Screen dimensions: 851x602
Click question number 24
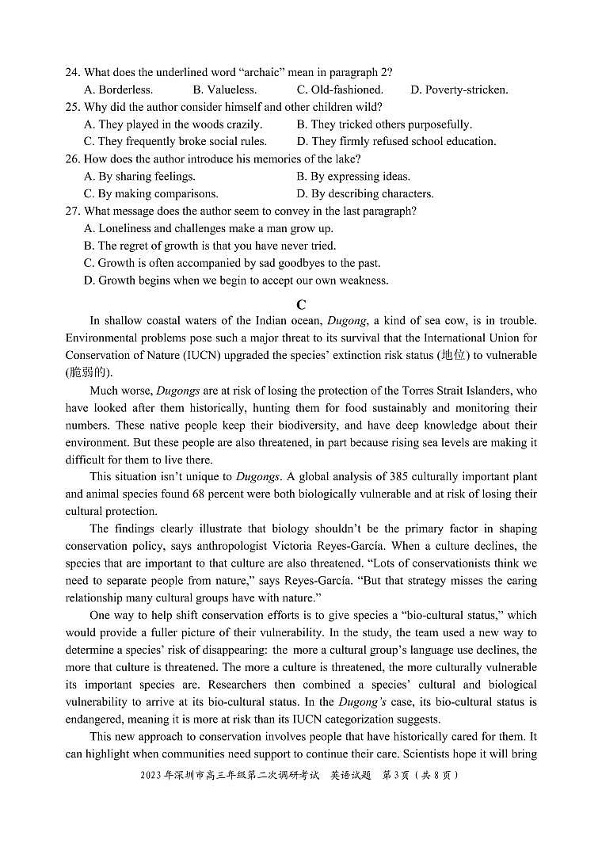tap(72, 72)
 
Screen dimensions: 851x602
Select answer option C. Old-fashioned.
tap(340, 90)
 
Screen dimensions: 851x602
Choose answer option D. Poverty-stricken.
tap(459, 90)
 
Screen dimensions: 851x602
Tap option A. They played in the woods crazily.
tap(173, 124)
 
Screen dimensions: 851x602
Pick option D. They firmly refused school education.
tap(396, 141)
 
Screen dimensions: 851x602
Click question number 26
tap(72, 158)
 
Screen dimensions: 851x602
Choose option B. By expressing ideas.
tap(353, 176)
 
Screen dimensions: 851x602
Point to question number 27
tap(72, 211)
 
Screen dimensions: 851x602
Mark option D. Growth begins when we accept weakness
tap(236, 280)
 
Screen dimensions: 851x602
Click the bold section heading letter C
tap(301, 304)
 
